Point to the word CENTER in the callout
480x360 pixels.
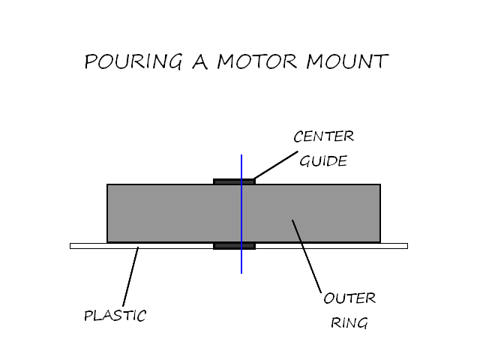pos(322,137)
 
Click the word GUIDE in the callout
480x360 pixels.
pos(322,161)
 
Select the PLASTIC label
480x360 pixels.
pos(115,316)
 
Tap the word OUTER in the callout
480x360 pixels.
pos(349,298)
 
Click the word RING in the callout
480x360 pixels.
pos(349,324)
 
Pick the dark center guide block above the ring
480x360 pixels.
pos(227,181)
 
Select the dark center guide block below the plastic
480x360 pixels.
pos(227,246)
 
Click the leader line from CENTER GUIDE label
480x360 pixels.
pos(276,165)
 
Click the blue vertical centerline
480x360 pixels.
pos(241,262)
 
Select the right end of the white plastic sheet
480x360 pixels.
pos(404,246)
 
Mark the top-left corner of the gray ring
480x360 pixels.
pos(108,185)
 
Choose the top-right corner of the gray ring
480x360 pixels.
pos(379,185)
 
